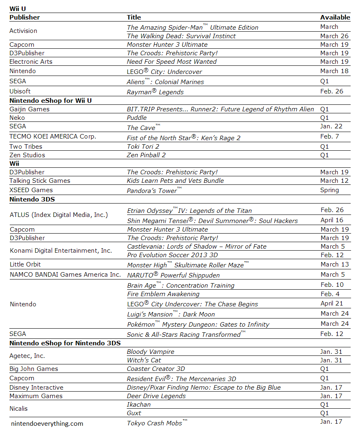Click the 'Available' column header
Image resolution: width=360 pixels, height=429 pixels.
click(x=335, y=17)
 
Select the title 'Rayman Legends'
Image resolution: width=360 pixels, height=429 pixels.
click(x=155, y=92)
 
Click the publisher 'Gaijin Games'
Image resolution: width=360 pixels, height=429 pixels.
click(x=29, y=109)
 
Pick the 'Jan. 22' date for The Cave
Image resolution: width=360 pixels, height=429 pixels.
click(x=332, y=126)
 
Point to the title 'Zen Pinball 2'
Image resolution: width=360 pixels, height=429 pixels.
click(x=146, y=155)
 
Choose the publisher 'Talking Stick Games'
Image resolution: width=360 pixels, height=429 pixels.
click(x=40, y=181)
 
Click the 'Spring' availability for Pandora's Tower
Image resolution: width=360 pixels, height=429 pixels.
click(x=330, y=190)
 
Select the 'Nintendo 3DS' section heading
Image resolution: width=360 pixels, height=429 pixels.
click(x=32, y=199)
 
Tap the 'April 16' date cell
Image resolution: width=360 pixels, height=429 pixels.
click(x=332, y=220)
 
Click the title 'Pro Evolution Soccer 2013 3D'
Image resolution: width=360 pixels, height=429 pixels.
click(x=172, y=255)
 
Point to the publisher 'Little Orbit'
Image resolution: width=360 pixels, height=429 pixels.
click(x=25, y=264)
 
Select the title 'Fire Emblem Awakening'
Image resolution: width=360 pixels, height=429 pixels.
click(x=163, y=294)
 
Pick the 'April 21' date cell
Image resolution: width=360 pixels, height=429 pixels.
click(x=332, y=303)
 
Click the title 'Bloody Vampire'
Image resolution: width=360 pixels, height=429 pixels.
click(x=150, y=352)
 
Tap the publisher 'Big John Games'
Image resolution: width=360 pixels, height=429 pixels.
click(x=34, y=369)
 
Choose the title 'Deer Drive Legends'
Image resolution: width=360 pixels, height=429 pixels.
click(x=156, y=396)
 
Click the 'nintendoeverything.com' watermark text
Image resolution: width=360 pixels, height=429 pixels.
click(x=47, y=424)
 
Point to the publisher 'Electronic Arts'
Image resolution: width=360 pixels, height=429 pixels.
click(x=31, y=62)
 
